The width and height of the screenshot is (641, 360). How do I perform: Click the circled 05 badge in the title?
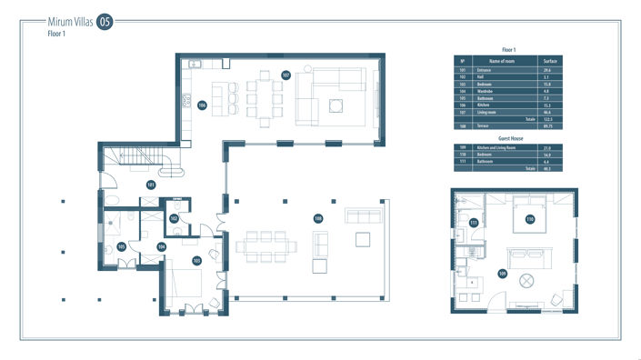tap(105, 22)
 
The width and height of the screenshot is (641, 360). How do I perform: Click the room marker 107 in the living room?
tap(285, 75)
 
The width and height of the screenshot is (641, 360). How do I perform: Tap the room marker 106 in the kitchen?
tap(202, 105)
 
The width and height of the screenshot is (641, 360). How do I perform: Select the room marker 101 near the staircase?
tap(151, 185)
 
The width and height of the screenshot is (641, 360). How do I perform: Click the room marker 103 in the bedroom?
tap(196, 260)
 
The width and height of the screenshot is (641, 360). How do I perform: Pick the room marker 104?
tap(162, 246)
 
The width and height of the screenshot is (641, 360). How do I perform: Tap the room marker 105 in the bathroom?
tap(121, 246)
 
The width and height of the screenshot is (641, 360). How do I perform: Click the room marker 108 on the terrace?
tap(318, 218)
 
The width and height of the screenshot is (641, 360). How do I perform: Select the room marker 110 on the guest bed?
tap(529, 219)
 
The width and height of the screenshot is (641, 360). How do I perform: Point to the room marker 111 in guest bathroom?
tap(474, 223)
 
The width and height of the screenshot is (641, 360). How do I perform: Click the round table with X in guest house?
tap(526, 280)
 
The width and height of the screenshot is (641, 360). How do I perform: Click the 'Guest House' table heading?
tap(509, 139)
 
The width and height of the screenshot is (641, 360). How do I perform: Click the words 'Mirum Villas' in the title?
tap(68, 21)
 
